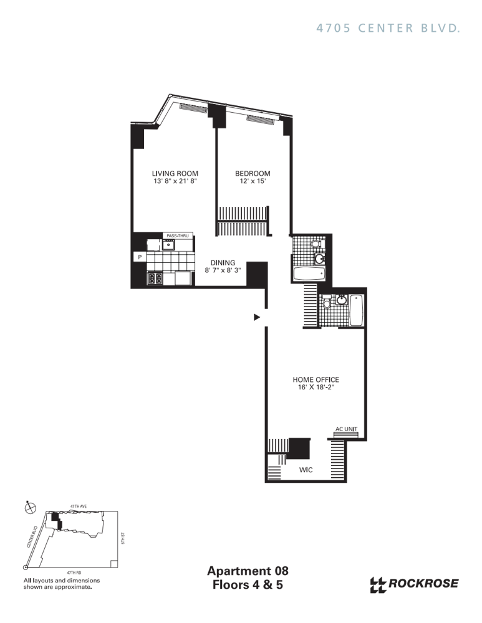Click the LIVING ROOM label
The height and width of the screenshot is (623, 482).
[x=175, y=173]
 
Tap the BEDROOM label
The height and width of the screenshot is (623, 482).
[x=253, y=173]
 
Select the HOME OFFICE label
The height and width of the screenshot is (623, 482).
[x=316, y=379]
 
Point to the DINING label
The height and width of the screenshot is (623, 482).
[x=223, y=263]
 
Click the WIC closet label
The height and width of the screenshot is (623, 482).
[x=306, y=470]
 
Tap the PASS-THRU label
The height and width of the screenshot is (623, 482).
[x=178, y=235]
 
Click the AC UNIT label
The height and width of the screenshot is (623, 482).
[x=347, y=429]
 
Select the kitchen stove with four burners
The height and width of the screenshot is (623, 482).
[x=155, y=278]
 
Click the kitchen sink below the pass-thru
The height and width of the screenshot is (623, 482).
[x=168, y=245]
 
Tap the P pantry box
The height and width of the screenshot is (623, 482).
[x=140, y=257]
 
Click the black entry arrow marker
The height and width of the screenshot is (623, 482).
[x=257, y=317]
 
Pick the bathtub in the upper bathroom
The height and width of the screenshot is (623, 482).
[x=309, y=273]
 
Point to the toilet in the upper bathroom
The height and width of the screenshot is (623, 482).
[x=316, y=244]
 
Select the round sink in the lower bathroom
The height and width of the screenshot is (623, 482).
[x=341, y=300]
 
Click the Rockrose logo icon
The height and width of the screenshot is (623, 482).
[x=378, y=585]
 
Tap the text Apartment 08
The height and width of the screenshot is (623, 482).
[x=248, y=571]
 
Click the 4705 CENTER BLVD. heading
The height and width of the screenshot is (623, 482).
[x=388, y=28]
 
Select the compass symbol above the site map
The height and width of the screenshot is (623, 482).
[x=30, y=507]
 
